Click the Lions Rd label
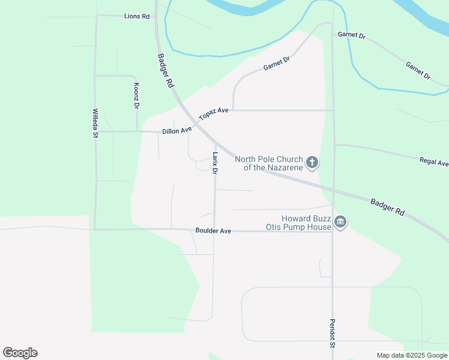[x=137, y=16]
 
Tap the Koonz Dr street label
[x=136, y=95]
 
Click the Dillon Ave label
[x=176, y=130]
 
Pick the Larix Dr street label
[x=214, y=163]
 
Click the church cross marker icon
[x=312, y=162]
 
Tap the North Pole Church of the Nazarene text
[x=268, y=163]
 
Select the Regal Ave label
[x=434, y=162]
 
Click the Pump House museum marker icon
[x=340, y=222]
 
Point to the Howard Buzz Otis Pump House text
[x=298, y=223]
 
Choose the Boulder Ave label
[x=213, y=230]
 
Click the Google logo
[x=20, y=353]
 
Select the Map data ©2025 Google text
[x=412, y=355]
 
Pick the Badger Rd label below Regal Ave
[x=387, y=207]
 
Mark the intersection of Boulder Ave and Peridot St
[x=332, y=231]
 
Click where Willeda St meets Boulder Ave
[x=95, y=229]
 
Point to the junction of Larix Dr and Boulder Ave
[x=214, y=230]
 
